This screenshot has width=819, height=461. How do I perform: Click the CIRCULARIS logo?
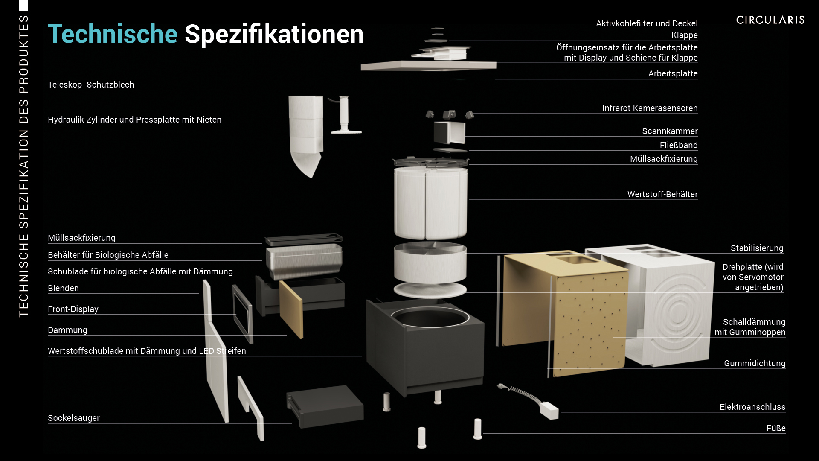coord(770,20)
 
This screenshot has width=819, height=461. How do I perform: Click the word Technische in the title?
coord(113,34)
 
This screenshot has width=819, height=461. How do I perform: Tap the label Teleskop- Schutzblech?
coord(91,85)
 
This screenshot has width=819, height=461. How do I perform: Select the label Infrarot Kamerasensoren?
coord(650,108)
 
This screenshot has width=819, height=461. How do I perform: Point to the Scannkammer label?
coord(670,131)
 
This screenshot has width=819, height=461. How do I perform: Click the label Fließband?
coord(679,145)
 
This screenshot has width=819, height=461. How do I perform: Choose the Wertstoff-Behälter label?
coord(662,194)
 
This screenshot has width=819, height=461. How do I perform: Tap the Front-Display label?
coord(73,309)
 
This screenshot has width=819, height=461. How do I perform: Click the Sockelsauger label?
coord(74,418)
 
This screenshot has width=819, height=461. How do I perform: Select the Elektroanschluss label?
coord(752,407)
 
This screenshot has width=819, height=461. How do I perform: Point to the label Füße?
coord(776,428)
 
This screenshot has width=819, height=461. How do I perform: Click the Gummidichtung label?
coord(755,363)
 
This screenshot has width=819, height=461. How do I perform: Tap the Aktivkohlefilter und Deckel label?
coord(647,23)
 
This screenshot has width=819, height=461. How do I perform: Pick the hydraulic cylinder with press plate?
coord(345,115)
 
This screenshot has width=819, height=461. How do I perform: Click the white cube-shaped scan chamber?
coord(450,132)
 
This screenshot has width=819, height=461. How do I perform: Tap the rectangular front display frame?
coord(243,314)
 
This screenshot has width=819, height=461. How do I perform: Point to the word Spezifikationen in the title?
coord(274,34)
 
